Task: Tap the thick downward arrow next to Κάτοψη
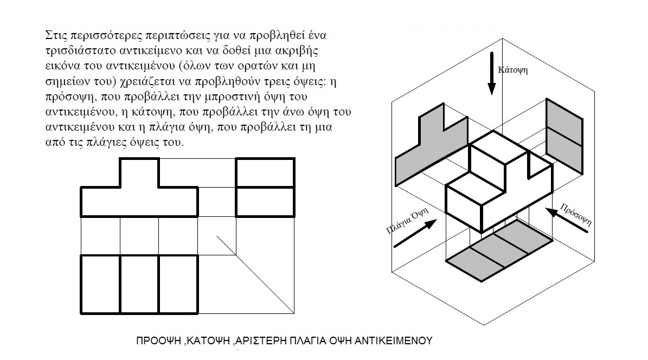(491, 73)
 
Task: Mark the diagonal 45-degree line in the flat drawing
(255, 274)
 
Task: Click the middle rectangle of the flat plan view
(139, 284)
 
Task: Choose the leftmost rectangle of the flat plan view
(100, 284)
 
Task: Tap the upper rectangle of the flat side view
(265, 172)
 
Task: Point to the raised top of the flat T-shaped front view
(139, 172)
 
